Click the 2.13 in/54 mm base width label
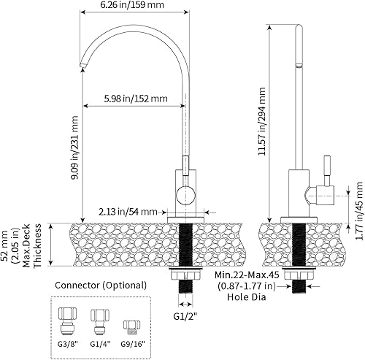click(x=128, y=212)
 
